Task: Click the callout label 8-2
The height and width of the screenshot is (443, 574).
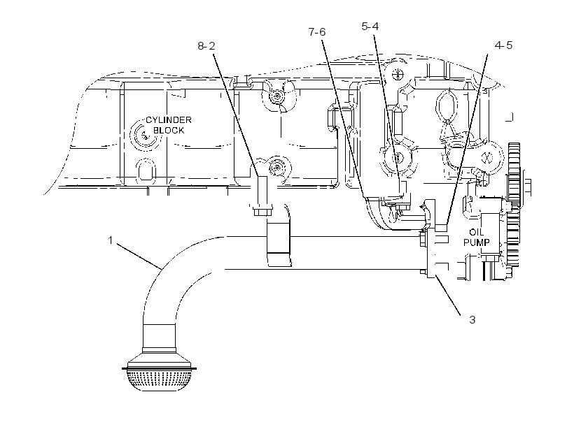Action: [206, 46]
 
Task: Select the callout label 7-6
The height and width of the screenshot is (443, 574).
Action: [316, 32]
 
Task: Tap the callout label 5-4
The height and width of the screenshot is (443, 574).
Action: [370, 27]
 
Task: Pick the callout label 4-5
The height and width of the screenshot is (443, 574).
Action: [503, 45]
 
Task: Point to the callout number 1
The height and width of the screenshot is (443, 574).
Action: [110, 240]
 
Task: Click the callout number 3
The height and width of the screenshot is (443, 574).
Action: [472, 320]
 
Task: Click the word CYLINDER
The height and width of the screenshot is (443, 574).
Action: [169, 120]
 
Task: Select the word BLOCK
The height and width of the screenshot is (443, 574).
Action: [169, 130]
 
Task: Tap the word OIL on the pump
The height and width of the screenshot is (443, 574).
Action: [476, 233]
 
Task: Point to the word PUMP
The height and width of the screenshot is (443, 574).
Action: [476, 242]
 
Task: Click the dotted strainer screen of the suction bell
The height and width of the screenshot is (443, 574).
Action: [159, 380]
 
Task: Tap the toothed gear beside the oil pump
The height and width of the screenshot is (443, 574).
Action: [514, 205]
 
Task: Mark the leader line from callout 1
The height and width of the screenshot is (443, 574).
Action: [139, 257]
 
